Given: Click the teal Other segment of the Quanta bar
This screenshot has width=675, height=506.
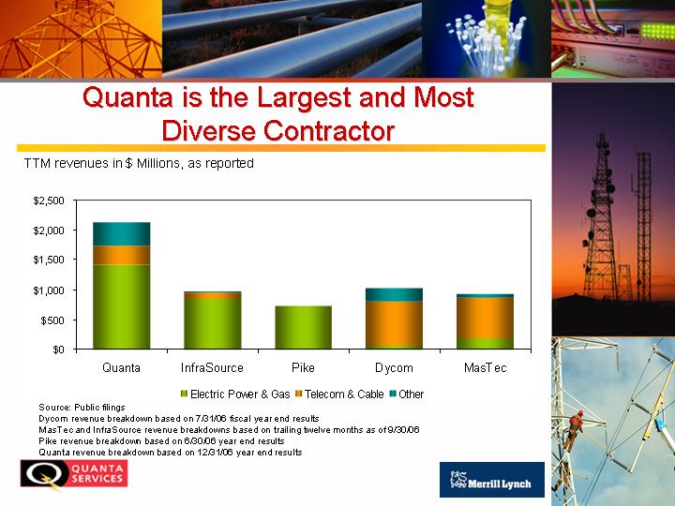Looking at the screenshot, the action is (121, 234).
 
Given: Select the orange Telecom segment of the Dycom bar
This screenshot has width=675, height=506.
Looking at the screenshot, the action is (394, 323).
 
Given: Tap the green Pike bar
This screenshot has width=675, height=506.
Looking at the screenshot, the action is (303, 327).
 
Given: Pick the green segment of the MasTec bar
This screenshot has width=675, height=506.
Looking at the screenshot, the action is (485, 343).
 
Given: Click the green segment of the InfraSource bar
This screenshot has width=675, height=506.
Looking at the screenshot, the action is (212, 323).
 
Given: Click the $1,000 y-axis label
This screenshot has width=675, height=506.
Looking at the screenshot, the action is (49, 290).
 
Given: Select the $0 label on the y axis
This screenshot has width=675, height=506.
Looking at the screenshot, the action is (58, 350).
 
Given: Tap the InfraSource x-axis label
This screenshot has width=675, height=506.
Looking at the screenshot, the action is (212, 368).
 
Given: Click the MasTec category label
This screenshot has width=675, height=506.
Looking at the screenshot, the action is (486, 368).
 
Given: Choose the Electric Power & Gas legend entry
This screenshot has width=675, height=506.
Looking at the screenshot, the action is (235, 394).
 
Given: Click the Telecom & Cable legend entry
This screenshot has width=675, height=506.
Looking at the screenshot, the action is (339, 394).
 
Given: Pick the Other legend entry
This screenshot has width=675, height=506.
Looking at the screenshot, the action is (406, 394).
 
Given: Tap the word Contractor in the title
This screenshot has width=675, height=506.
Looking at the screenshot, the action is (329, 130).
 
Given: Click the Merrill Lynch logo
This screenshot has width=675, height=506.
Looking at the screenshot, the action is (492, 480).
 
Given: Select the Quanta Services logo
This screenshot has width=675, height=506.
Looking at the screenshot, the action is (74, 474).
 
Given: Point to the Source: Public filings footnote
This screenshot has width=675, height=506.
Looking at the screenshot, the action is (82, 407).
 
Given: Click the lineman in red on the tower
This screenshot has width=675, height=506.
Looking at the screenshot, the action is (575, 428).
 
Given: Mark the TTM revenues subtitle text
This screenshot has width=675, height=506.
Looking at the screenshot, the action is (139, 163).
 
